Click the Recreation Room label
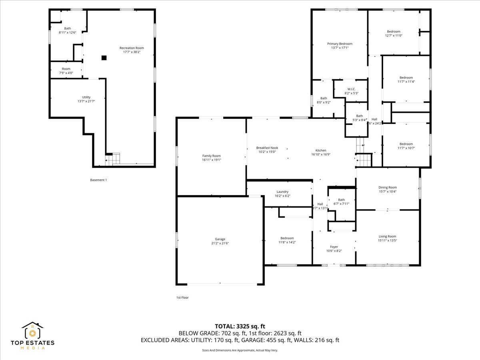click(132, 48)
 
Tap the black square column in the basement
click(104, 58)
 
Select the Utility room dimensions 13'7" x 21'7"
click(86, 101)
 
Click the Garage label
click(220, 239)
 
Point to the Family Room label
click(211, 156)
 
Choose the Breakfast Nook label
click(267, 148)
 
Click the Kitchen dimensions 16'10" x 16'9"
click(321, 154)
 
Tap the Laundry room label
click(282, 192)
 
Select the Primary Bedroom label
click(340, 44)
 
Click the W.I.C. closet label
click(351, 89)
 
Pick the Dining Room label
click(388, 187)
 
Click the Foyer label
click(334, 247)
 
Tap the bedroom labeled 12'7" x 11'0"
click(393, 35)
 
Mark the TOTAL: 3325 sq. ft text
click(240, 326)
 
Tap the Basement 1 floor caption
click(98, 180)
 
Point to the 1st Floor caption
click(182, 298)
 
